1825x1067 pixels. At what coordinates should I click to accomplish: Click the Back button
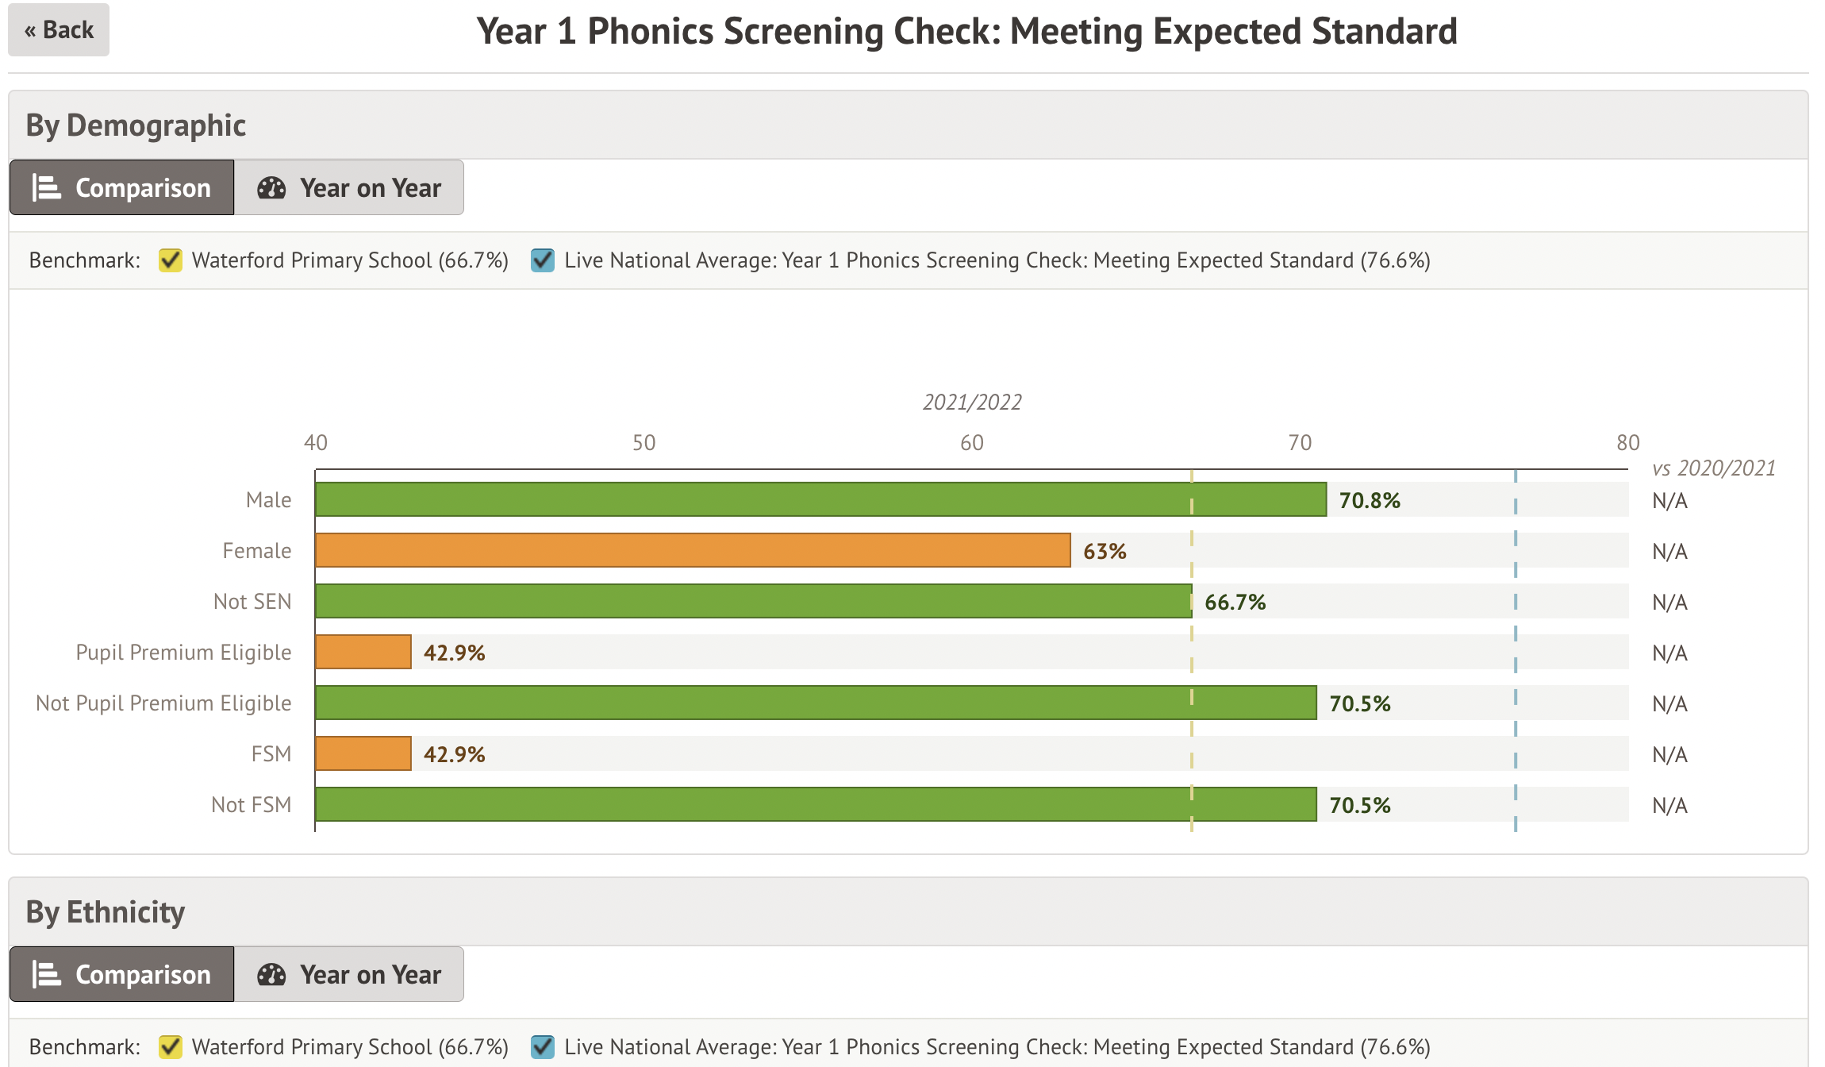pyautogui.click(x=59, y=30)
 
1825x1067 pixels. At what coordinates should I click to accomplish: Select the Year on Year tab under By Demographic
pyautogui.click(x=349, y=188)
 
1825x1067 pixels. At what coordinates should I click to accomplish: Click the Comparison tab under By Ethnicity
pyautogui.click(x=122, y=974)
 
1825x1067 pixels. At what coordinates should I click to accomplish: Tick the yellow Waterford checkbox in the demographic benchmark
pyautogui.click(x=171, y=260)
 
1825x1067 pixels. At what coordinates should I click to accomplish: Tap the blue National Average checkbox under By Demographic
pyautogui.click(x=543, y=260)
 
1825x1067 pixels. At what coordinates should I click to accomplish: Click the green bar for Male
pyautogui.click(x=820, y=499)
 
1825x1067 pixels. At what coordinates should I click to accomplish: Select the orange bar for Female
pyautogui.click(x=693, y=550)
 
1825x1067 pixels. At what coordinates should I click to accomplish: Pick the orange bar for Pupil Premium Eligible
pyautogui.click(x=363, y=652)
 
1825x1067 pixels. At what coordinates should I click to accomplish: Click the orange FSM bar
pyautogui.click(x=363, y=753)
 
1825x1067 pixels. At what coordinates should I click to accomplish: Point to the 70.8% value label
pyautogui.click(x=1370, y=500)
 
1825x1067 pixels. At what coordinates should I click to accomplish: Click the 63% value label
pyautogui.click(x=1105, y=551)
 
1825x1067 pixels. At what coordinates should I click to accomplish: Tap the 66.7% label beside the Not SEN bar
pyautogui.click(x=1235, y=602)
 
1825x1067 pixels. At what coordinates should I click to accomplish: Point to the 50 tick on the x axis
pyautogui.click(x=644, y=443)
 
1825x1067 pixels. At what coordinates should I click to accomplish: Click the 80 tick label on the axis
pyautogui.click(x=1627, y=443)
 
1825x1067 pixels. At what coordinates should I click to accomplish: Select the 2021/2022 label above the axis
pyautogui.click(x=972, y=403)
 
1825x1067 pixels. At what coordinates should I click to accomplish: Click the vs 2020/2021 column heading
pyautogui.click(x=1713, y=468)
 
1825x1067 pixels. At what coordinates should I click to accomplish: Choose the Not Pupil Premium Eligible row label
pyautogui.click(x=163, y=703)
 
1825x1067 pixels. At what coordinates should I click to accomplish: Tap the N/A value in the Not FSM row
pyautogui.click(x=1669, y=805)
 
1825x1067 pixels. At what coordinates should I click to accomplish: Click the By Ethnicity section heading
pyautogui.click(x=106, y=912)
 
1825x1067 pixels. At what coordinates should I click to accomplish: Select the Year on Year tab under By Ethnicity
pyautogui.click(x=349, y=974)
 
